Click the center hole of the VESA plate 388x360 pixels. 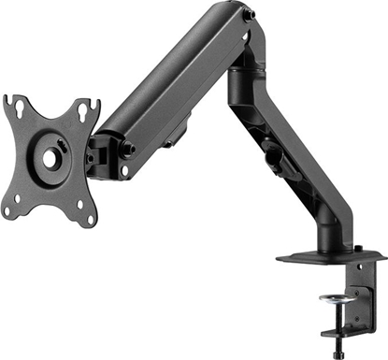[50, 158]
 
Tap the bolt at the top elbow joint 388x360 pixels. [247, 16]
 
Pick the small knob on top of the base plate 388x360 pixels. [358, 250]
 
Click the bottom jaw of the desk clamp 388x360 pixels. [346, 330]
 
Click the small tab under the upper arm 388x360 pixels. [171, 144]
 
